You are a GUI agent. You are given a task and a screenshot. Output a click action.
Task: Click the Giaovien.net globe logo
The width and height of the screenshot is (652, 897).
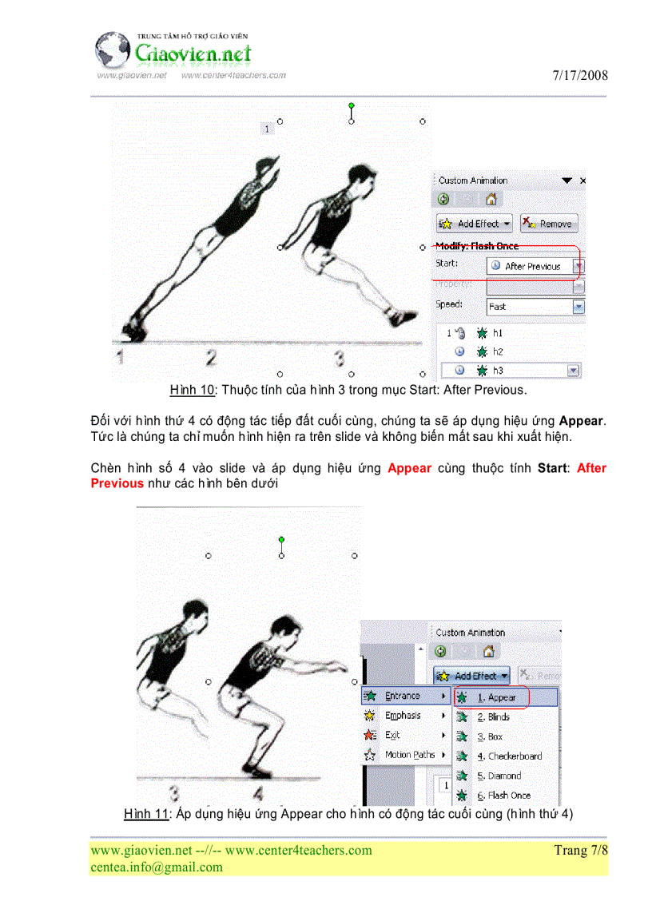pos(113,50)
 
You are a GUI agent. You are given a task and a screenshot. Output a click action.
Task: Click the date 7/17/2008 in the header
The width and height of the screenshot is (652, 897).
pos(579,76)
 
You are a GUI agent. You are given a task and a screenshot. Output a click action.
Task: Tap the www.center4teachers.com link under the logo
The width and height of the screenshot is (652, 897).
pos(233,75)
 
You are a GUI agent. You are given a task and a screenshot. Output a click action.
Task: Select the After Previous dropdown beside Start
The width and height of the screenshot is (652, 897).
pos(535,266)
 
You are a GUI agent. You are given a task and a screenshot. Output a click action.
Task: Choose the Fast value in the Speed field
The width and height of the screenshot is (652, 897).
pos(528,306)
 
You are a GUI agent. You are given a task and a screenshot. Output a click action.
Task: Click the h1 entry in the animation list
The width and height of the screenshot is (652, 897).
pos(498,332)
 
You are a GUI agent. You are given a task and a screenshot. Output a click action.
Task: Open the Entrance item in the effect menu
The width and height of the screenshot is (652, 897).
pos(403,696)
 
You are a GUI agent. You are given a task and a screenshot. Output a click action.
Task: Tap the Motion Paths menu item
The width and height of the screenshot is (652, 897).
pos(410,755)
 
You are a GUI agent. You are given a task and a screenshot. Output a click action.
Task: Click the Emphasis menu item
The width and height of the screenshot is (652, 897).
pos(403,716)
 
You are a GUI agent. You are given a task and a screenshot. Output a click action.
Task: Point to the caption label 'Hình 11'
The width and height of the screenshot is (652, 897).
pos(146,814)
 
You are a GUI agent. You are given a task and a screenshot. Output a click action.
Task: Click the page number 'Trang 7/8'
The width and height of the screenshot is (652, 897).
pos(580,850)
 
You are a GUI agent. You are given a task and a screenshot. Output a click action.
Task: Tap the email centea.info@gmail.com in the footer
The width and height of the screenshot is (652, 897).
pos(157,867)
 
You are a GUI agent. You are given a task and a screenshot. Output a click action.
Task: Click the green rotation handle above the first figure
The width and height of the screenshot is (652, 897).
pos(352,105)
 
